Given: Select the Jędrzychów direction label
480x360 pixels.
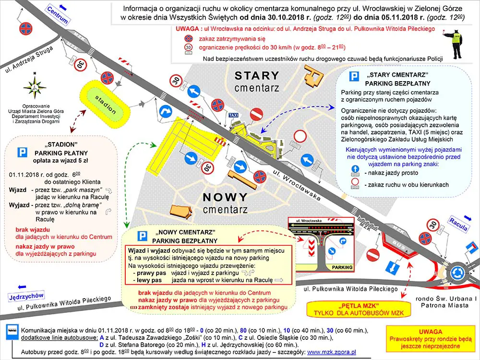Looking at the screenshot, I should (26, 297).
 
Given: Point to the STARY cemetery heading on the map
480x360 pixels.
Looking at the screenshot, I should (256, 75).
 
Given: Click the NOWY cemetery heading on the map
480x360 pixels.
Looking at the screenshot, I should (225, 197).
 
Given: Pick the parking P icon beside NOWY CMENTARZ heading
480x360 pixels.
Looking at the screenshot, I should (142, 236).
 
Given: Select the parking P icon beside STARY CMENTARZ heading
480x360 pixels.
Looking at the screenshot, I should (354, 77).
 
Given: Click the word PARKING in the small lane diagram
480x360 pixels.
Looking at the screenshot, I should (342, 267).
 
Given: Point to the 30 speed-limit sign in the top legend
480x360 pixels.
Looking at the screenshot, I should (188, 48).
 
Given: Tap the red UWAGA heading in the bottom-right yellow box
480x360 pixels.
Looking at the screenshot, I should (427, 332).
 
